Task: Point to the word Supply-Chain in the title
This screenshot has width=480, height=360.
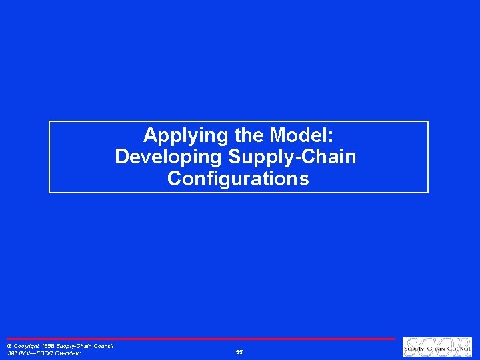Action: pyautogui.click(x=292, y=157)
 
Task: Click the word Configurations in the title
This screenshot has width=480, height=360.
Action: pyautogui.click(x=239, y=179)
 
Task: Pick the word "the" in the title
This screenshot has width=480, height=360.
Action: pyautogui.click(x=249, y=135)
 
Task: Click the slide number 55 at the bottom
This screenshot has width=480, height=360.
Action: pyautogui.click(x=239, y=351)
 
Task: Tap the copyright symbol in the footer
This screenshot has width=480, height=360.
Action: pyautogui.click(x=9, y=347)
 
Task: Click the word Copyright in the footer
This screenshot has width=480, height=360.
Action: pyautogui.click(x=27, y=346)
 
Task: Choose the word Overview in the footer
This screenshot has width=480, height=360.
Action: pyautogui.click(x=67, y=353)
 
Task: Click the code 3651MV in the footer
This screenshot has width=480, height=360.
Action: pyautogui.click(x=17, y=353)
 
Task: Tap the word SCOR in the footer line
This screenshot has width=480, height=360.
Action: pyautogui.click(x=43, y=353)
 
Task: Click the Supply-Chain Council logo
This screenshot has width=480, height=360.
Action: pyautogui.click(x=437, y=347)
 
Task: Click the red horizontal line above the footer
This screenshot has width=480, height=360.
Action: pyautogui.click(x=200, y=339)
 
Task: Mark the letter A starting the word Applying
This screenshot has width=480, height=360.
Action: pyautogui.click(x=150, y=135)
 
